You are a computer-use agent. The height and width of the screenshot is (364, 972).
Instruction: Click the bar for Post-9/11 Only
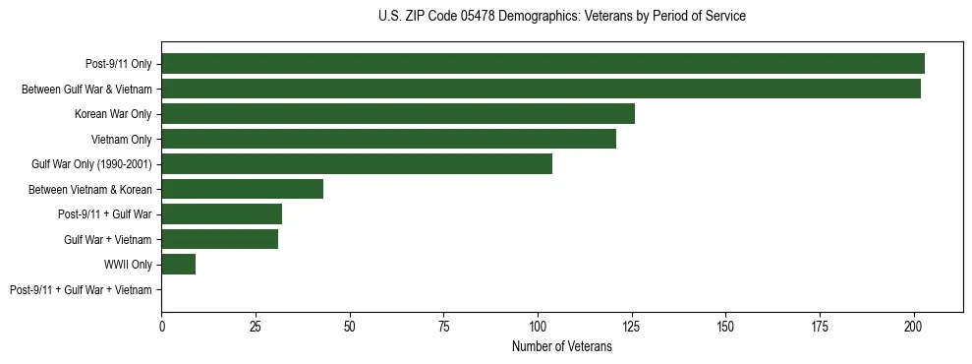point(543,64)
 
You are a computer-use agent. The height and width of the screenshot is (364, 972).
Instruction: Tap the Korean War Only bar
point(398,114)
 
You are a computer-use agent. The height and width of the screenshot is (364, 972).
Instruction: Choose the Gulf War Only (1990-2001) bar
point(357,164)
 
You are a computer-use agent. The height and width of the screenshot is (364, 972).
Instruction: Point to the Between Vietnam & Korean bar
point(242,189)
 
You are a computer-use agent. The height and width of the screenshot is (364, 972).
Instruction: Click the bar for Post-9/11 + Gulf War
point(221,214)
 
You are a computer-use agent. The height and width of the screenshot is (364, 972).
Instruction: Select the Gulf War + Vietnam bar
point(219,239)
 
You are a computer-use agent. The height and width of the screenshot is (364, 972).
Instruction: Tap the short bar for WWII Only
point(178,265)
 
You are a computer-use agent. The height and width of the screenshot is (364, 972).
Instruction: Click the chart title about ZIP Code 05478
point(561,17)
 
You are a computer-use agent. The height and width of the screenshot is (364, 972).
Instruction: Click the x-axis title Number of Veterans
point(561,346)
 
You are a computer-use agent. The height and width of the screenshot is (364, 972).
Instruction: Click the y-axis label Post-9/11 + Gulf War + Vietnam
point(81,290)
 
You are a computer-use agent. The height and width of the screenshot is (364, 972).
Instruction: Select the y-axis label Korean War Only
point(113,114)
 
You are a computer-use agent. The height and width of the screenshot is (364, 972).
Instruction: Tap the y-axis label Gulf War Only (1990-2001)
point(91,164)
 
